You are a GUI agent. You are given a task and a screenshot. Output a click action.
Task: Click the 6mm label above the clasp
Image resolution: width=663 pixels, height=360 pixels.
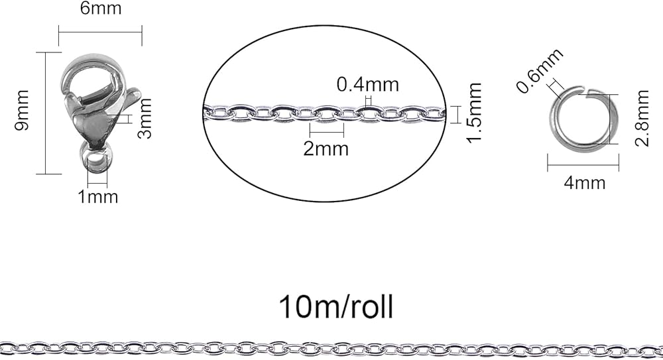pos(100,11)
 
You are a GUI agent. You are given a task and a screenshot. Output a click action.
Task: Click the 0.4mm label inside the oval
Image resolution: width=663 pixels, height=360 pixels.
pos(368,84)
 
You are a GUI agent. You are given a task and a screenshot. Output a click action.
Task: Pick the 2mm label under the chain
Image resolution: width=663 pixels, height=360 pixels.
pos(326,148)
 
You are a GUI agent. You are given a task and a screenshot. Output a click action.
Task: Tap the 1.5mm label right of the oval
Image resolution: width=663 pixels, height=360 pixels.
pos(473,113)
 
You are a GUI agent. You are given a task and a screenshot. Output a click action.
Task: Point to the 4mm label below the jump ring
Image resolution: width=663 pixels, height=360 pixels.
pos(584,182)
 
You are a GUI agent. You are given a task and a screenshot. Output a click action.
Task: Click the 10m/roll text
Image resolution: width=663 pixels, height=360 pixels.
pos(336,306)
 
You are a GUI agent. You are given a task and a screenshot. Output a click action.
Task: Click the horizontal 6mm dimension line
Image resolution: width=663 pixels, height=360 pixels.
pos(100,30)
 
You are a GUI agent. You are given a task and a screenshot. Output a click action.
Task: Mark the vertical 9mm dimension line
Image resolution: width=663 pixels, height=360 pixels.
pos(46,113)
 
